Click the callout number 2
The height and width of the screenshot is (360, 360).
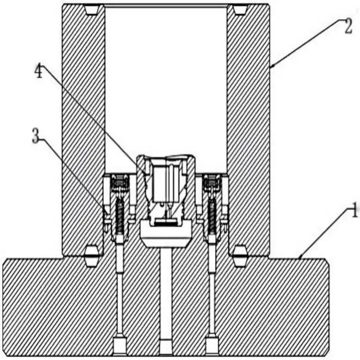(348, 26)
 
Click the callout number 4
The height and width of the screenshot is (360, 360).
(39, 71)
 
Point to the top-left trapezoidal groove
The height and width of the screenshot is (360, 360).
(92, 10)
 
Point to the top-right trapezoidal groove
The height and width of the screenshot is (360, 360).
(240, 10)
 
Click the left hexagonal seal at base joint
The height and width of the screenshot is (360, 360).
(92, 256)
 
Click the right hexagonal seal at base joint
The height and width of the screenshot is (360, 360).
(240, 256)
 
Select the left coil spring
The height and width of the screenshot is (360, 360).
(120, 216)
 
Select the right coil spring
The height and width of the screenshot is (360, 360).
(212, 216)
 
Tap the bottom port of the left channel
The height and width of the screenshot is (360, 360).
(120, 346)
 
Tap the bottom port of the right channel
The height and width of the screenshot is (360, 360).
(212, 346)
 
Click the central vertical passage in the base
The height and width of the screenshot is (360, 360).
(166, 294)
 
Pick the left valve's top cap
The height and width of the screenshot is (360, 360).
(120, 181)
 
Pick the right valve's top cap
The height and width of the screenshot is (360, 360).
(212, 181)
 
